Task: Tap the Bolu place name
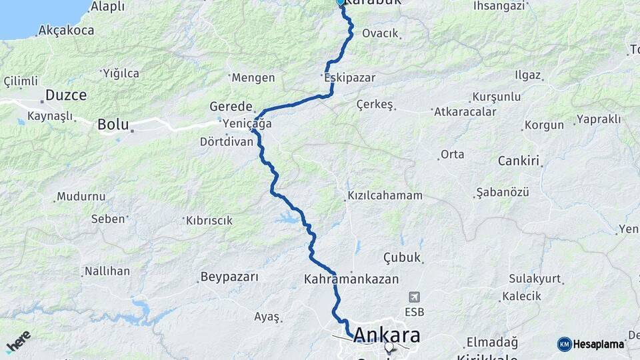(x=111, y=124)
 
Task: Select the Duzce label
(x=65, y=95)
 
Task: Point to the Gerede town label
(x=231, y=107)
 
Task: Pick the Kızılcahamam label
(x=385, y=196)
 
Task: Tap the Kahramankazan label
(x=351, y=279)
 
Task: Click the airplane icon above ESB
(x=414, y=297)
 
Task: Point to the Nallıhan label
(x=107, y=272)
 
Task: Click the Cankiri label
(x=519, y=161)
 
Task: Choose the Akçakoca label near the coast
(x=66, y=30)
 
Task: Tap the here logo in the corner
(x=19, y=341)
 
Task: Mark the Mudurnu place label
(x=81, y=197)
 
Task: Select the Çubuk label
(x=403, y=257)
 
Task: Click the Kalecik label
(x=522, y=295)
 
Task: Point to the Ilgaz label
(x=527, y=75)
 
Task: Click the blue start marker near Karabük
(x=341, y=2)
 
